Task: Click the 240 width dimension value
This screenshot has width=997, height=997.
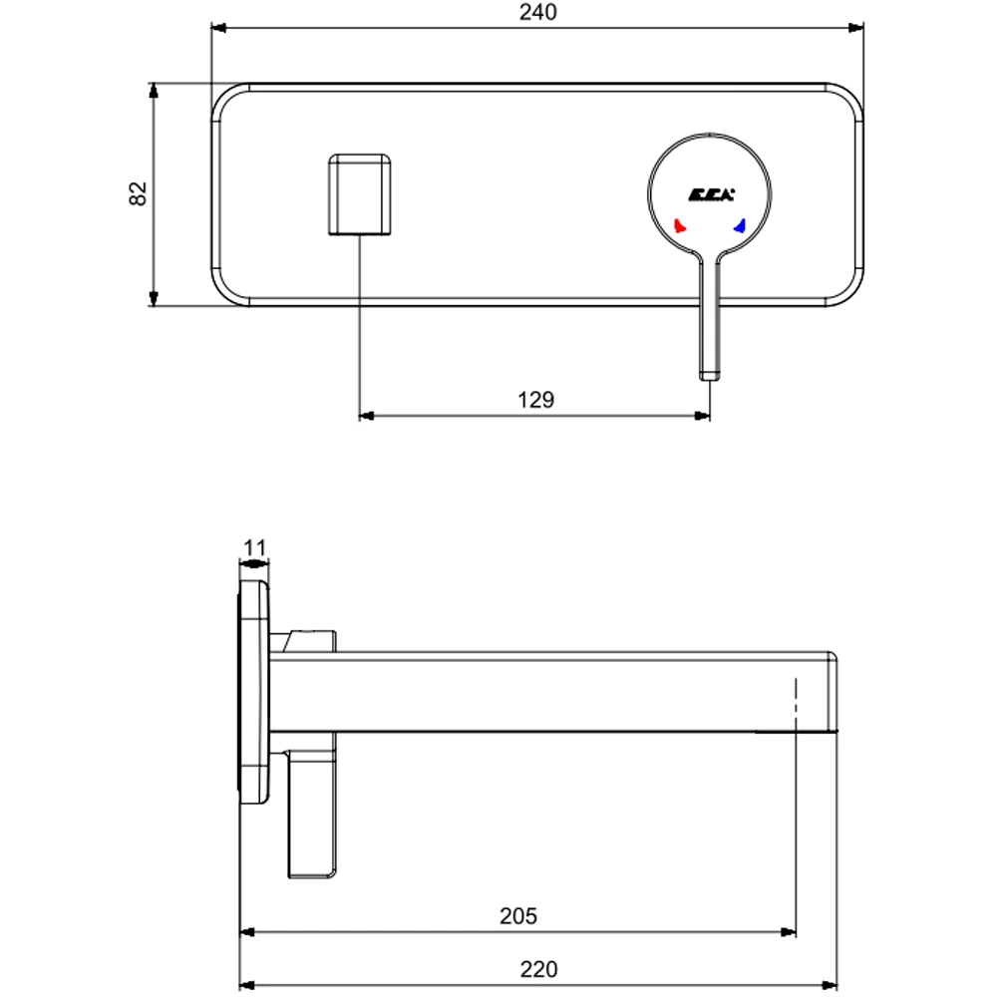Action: (537, 13)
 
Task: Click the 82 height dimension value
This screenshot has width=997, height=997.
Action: (139, 193)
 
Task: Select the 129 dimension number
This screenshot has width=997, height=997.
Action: (535, 400)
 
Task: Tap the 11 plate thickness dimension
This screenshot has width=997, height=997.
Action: (255, 547)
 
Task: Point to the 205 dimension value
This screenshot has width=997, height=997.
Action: (518, 915)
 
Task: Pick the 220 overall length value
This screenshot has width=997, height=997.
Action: (538, 968)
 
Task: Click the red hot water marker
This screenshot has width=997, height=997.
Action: (680, 226)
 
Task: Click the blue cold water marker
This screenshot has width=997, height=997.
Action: (740, 226)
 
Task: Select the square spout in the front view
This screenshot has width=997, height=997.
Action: (360, 193)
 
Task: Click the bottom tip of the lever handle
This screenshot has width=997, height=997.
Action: (709, 375)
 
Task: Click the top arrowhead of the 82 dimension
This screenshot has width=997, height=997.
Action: (153, 90)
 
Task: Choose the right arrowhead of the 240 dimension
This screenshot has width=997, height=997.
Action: (856, 29)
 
